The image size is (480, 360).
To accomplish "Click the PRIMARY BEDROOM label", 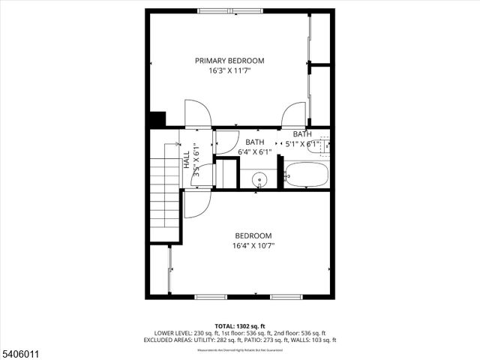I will click(229, 61).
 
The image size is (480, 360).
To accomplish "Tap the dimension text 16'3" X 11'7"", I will click(229, 71).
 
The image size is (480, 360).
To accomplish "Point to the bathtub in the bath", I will click(306, 175).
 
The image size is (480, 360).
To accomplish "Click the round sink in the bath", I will click(259, 180).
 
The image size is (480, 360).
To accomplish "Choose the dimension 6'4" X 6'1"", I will click(254, 151).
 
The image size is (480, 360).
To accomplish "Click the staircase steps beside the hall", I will click(164, 195).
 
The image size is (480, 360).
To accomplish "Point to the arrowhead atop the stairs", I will click(178, 144).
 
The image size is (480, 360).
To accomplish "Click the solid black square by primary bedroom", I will click(157, 119).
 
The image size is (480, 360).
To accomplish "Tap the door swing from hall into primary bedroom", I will click(196, 112).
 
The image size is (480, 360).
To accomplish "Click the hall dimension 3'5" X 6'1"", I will click(196, 159).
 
